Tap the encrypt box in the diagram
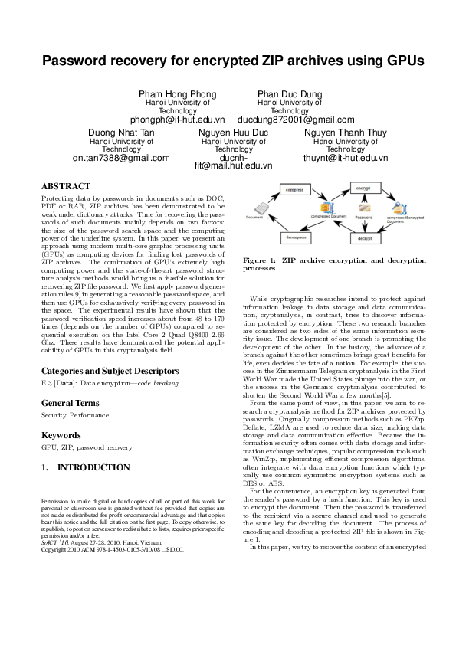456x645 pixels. [x=363, y=186]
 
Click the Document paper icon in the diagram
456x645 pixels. [x=261, y=208]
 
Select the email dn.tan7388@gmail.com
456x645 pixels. [x=121, y=158]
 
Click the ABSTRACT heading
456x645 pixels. [x=65, y=186]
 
